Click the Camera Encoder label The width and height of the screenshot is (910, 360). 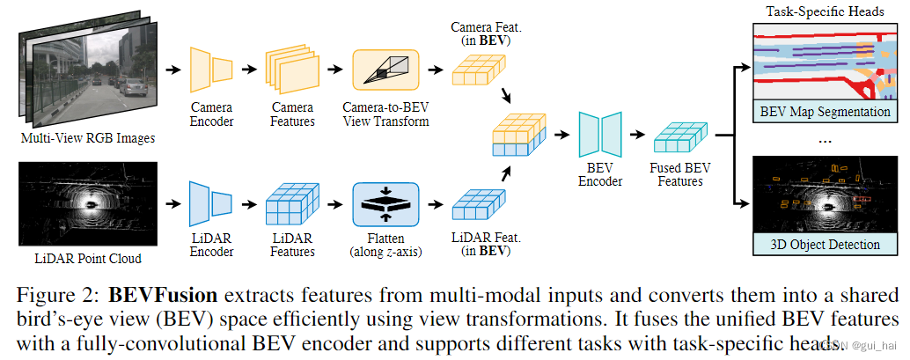pos(211,114)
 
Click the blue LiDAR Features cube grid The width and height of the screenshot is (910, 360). pos(290,205)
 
